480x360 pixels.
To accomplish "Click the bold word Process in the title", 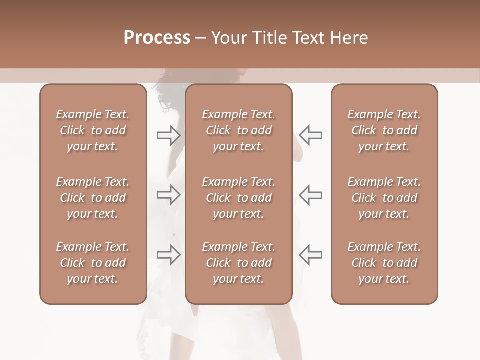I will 157,38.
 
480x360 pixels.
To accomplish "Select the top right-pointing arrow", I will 169,135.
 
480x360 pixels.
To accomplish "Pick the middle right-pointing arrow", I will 169,195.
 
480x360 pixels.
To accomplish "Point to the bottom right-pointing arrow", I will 169,255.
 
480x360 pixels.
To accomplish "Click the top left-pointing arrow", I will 310,135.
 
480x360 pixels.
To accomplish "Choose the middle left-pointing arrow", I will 310,195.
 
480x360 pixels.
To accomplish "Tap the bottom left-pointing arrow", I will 310,255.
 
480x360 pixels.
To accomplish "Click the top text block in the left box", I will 93,130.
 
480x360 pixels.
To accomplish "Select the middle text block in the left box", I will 93,198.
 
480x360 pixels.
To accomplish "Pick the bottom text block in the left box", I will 93,263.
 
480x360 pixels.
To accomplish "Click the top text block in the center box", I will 239,130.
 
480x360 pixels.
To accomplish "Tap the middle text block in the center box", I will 239,198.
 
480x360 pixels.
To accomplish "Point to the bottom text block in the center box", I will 239,263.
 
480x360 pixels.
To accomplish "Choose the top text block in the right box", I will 384,130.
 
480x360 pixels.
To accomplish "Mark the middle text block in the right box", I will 384,198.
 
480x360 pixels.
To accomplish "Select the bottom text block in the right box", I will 384,263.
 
